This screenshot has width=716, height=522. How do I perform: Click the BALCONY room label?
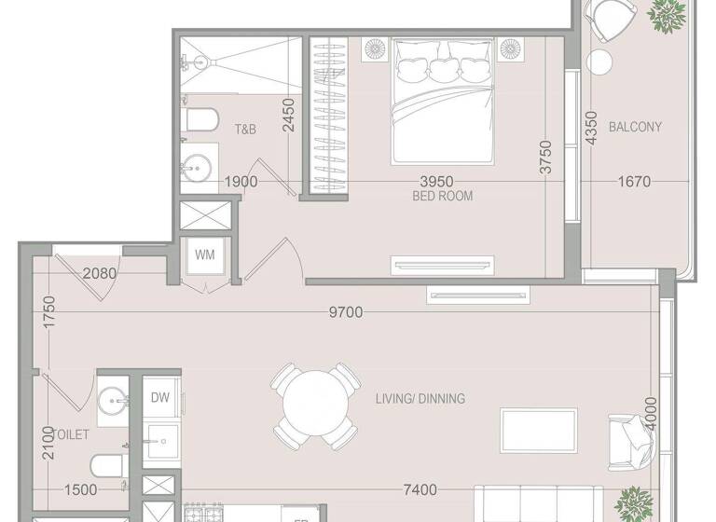click(635, 127)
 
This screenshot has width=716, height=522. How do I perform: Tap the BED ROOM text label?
click(442, 197)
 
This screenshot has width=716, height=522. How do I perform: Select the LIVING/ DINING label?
click(420, 399)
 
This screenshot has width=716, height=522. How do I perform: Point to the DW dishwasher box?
click(159, 397)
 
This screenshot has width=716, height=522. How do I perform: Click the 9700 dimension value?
click(346, 312)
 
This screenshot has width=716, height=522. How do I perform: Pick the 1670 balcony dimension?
click(634, 182)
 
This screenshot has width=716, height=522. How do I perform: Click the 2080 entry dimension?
click(100, 273)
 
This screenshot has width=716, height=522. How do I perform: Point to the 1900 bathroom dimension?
click(241, 182)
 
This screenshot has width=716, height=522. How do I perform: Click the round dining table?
click(316, 406)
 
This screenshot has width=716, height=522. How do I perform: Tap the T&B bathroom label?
click(245, 130)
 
